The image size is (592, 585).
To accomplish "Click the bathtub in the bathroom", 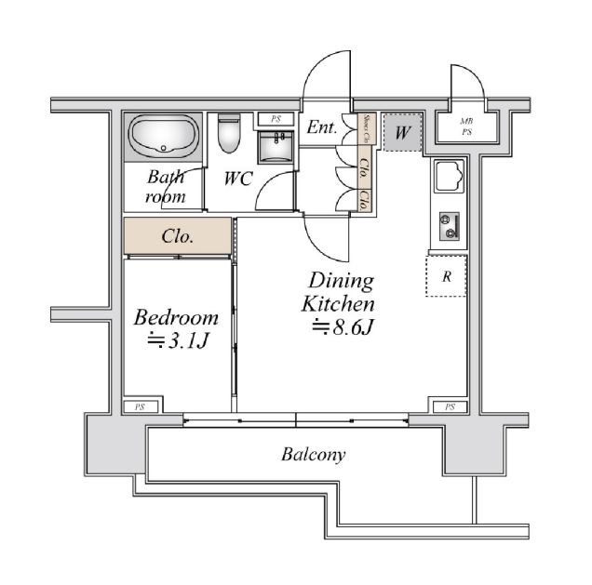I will pos(164,137).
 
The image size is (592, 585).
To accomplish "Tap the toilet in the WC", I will pos(229,134).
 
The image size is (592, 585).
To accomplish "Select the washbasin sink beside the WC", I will pos(275,146).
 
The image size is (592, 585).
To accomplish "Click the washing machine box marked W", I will pos(402,133).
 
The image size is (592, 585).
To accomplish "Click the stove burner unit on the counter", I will pos(451,224).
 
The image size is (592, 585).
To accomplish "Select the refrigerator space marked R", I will pos(447,275).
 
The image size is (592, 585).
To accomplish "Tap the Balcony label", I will pos(314,455).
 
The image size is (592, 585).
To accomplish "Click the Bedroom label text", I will pos(177,317).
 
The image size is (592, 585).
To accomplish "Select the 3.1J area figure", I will pos(176,341).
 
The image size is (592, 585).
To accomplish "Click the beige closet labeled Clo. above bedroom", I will pos(177,235).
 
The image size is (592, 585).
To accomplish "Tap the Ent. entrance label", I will pos(322,129).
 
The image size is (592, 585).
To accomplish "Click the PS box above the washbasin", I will pos(276,119).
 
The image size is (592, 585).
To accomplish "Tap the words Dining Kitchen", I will pos(340,291).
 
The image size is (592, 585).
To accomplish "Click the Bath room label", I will pos(166,186).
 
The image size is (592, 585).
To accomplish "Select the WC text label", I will pos(237,179).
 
